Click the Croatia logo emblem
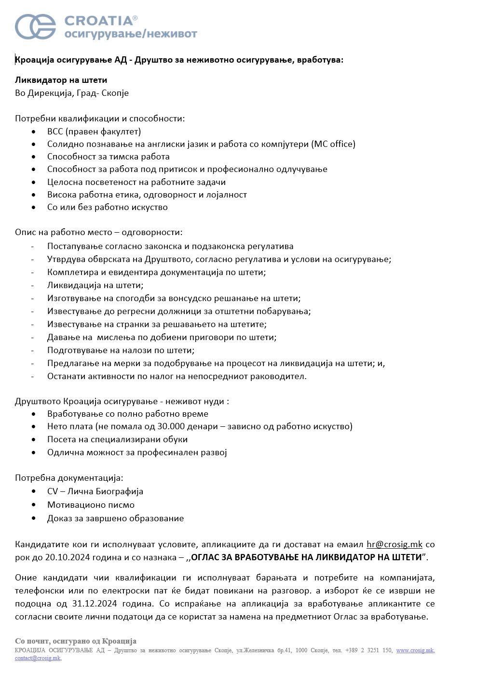point(35,26)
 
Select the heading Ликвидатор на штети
point(61,80)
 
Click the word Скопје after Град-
point(115,93)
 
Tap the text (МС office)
point(333,144)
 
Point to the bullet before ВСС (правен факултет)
point(33,132)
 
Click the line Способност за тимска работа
point(108,157)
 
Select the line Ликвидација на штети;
point(95,285)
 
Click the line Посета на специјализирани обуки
point(117,439)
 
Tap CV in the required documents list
point(52,491)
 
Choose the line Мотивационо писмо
point(91,505)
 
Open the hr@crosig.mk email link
point(394,544)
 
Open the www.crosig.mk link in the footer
point(414,650)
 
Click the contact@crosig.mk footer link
point(38,659)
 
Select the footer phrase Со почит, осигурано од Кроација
point(76,641)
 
